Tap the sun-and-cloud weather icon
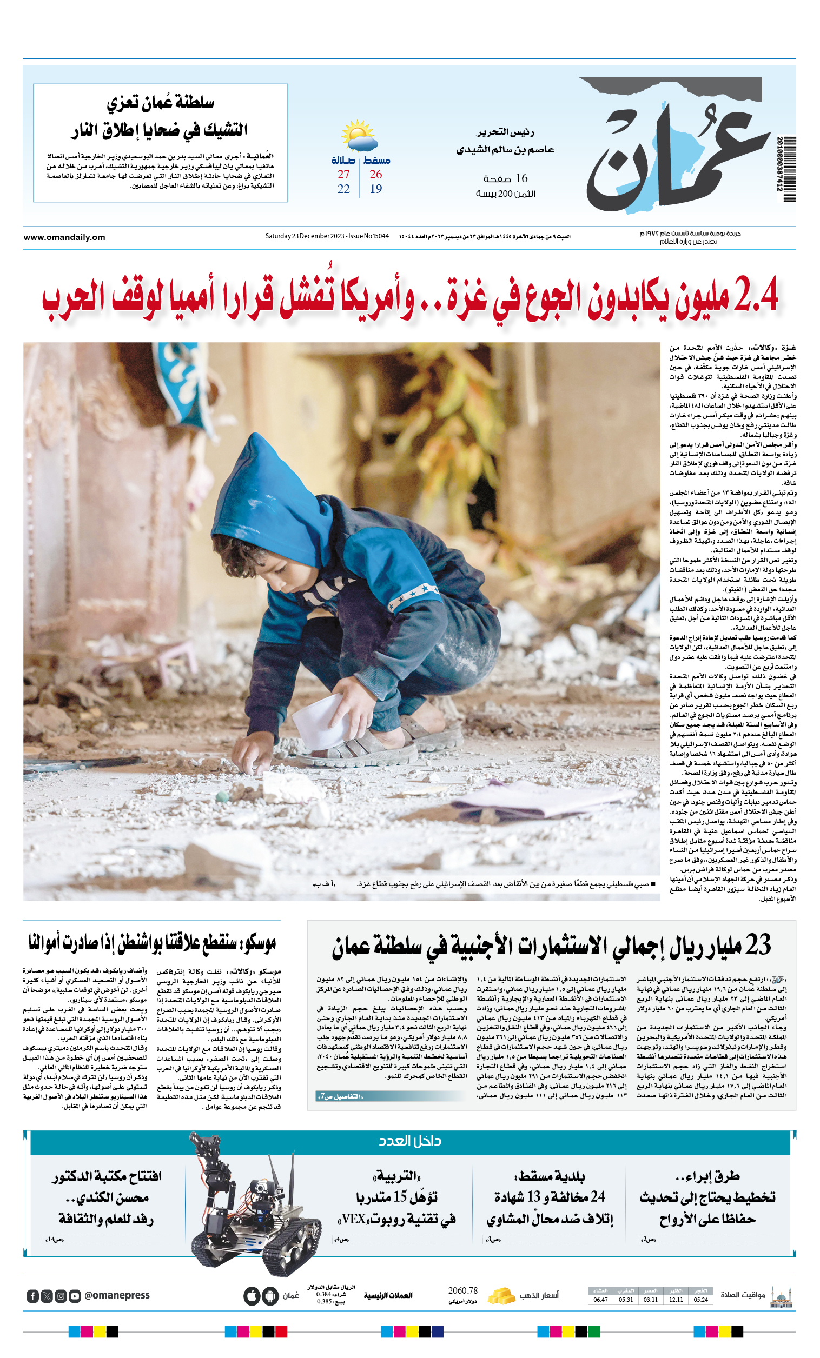coord(358,136)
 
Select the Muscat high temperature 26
coord(375,175)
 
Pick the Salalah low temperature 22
coord(343,189)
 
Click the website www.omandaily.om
coord(64,237)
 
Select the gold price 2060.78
coord(462,1291)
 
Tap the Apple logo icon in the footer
coord(252,1296)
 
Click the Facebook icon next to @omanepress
coord(32,1296)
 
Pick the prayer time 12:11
coord(676,1300)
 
